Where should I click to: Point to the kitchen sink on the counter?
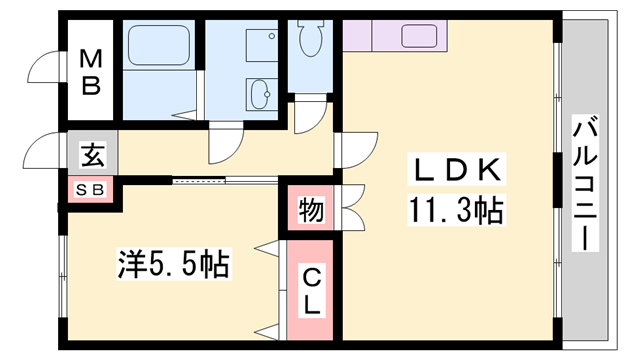(418, 36)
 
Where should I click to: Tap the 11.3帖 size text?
(455, 211)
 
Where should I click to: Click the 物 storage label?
(310, 211)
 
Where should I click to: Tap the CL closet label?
(312, 291)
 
